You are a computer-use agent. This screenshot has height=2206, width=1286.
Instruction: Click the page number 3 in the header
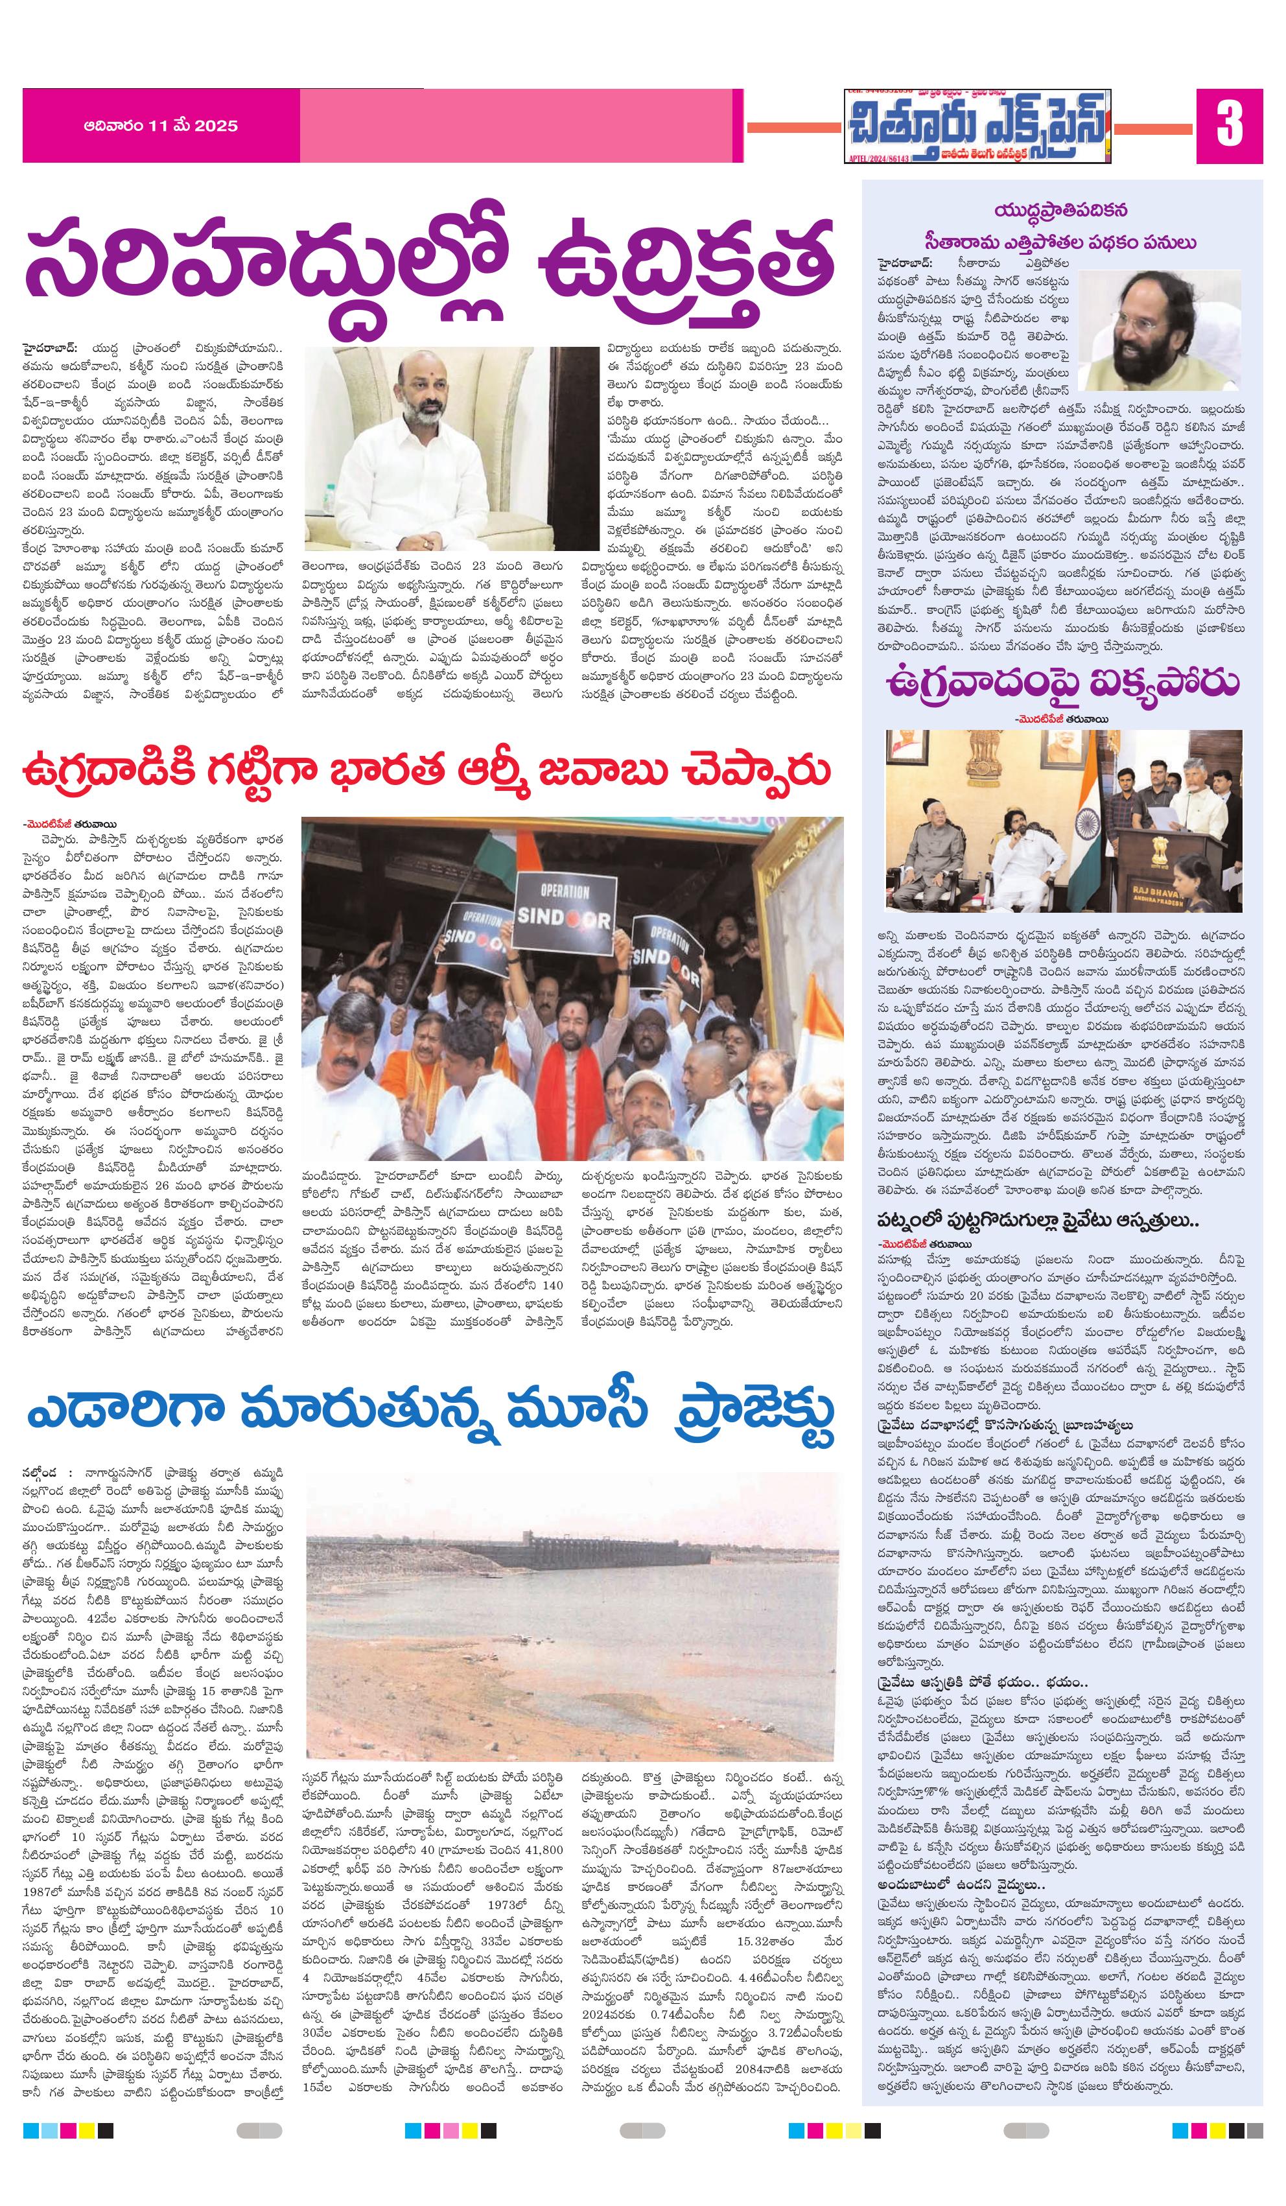tap(1229, 125)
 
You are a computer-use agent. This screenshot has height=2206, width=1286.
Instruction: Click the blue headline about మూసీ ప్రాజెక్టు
tap(429, 1412)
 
